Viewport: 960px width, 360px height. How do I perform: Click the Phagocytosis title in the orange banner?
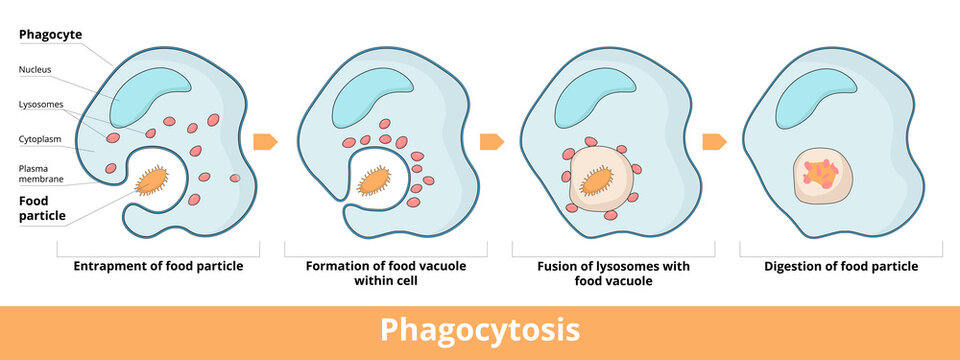click(480, 331)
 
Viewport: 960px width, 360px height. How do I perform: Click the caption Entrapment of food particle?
click(158, 267)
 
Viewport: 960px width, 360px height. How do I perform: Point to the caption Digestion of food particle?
click(841, 267)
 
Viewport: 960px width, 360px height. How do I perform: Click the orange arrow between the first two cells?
click(264, 141)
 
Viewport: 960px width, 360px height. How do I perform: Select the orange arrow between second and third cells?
click(491, 141)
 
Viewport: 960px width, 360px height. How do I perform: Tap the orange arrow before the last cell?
click(714, 141)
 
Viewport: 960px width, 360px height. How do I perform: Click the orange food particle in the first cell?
click(153, 180)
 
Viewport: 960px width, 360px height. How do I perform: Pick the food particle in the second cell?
click(375, 181)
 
